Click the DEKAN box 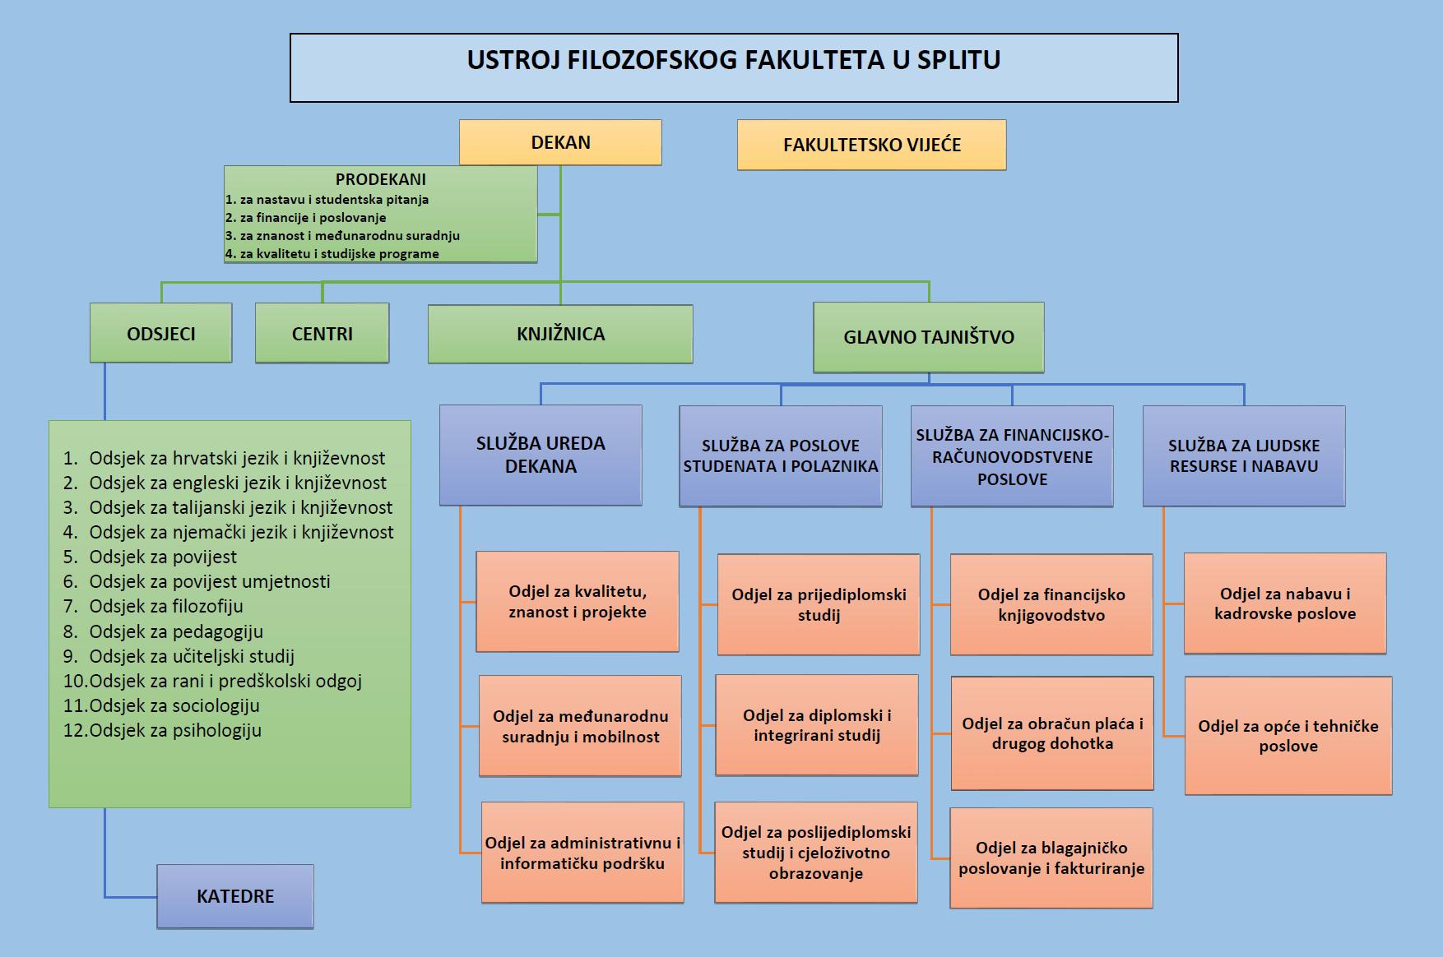click(x=560, y=142)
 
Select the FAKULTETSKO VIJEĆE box click(x=871, y=145)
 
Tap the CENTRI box click(x=322, y=333)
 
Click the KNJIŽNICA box click(x=560, y=334)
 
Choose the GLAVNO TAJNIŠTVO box click(x=928, y=337)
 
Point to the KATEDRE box click(x=235, y=896)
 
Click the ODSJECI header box click(x=160, y=333)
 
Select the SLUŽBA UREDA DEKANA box click(x=541, y=455)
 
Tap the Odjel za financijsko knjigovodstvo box click(x=1051, y=604)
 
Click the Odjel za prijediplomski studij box click(x=819, y=604)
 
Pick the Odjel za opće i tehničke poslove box click(x=1288, y=736)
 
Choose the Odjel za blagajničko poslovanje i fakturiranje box click(x=1051, y=858)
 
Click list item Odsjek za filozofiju click(x=166, y=607)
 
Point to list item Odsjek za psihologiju click(x=175, y=730)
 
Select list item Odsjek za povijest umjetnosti click(x=210, y=582)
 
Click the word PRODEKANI click(x=380, y=179)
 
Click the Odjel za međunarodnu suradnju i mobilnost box click(x=580, y=726)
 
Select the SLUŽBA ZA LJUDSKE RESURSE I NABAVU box click(x=1243, y=455)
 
